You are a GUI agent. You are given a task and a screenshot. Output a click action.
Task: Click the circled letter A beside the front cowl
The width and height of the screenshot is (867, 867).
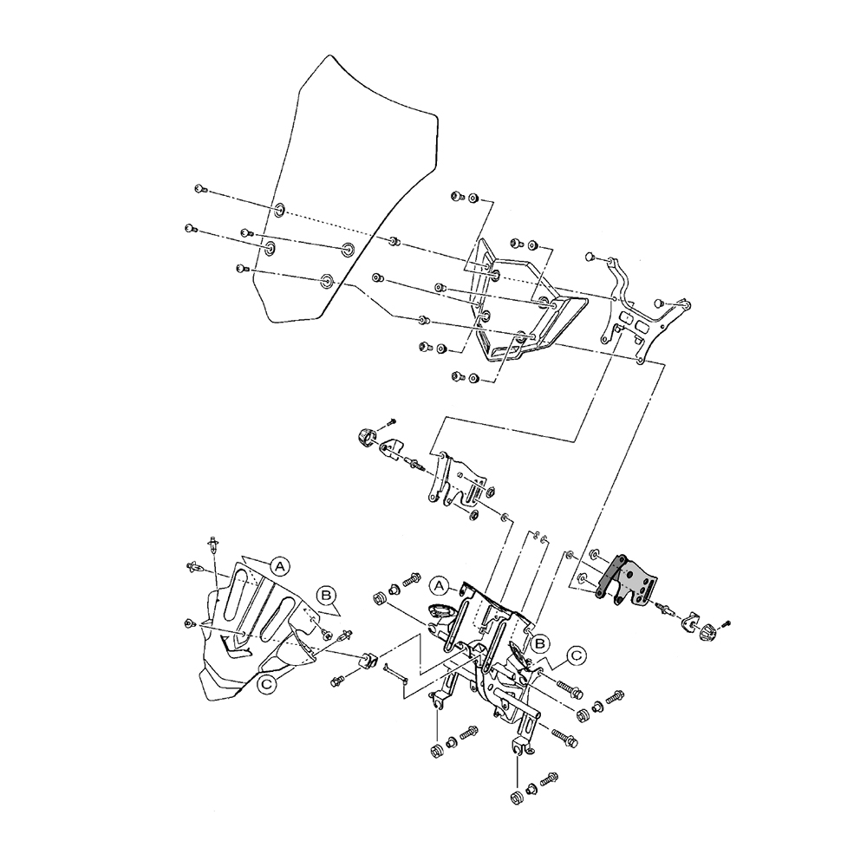click(278, 564)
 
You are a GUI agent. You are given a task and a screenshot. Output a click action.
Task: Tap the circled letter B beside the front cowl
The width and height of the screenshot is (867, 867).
click(326, 596)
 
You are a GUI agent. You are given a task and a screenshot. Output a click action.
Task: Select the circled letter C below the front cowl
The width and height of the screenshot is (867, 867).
click(268, 684)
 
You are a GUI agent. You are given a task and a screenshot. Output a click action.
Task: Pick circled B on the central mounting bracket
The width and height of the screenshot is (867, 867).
click(539, 642)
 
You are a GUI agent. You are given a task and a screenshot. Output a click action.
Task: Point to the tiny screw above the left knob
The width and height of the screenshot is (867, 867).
click(391, 420)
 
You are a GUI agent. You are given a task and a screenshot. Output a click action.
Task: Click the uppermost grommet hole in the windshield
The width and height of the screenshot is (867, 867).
click(280, 210)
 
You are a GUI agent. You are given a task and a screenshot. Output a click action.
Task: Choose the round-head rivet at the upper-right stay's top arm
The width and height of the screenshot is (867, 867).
click(590, 257)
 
